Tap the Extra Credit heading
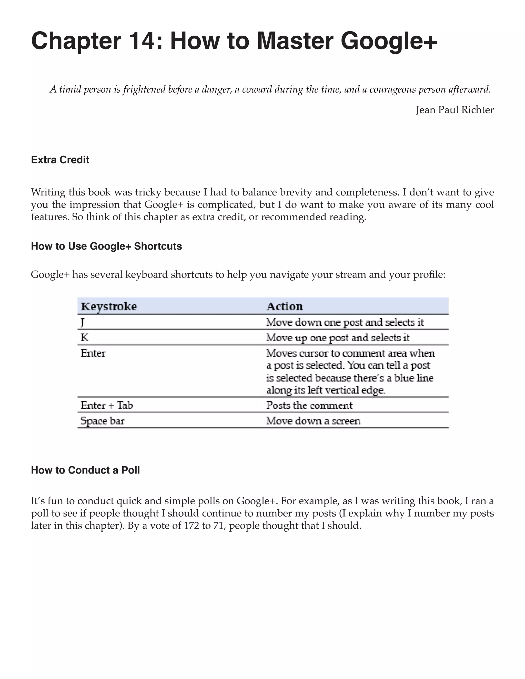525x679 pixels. (60, 160)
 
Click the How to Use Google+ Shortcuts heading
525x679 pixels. (106, 246)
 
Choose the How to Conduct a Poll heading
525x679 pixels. (85, 470)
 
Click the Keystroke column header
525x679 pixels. (109, 306)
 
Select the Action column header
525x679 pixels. (284, 306)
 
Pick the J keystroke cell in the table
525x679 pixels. (83, 322)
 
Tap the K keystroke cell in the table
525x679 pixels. (85, 338)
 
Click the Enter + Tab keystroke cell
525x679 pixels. (107, 405)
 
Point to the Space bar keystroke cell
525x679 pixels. (102, 421)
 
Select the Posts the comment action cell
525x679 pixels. (309, 405)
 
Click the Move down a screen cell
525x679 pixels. (313, 421)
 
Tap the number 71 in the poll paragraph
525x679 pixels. (219, 526)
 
